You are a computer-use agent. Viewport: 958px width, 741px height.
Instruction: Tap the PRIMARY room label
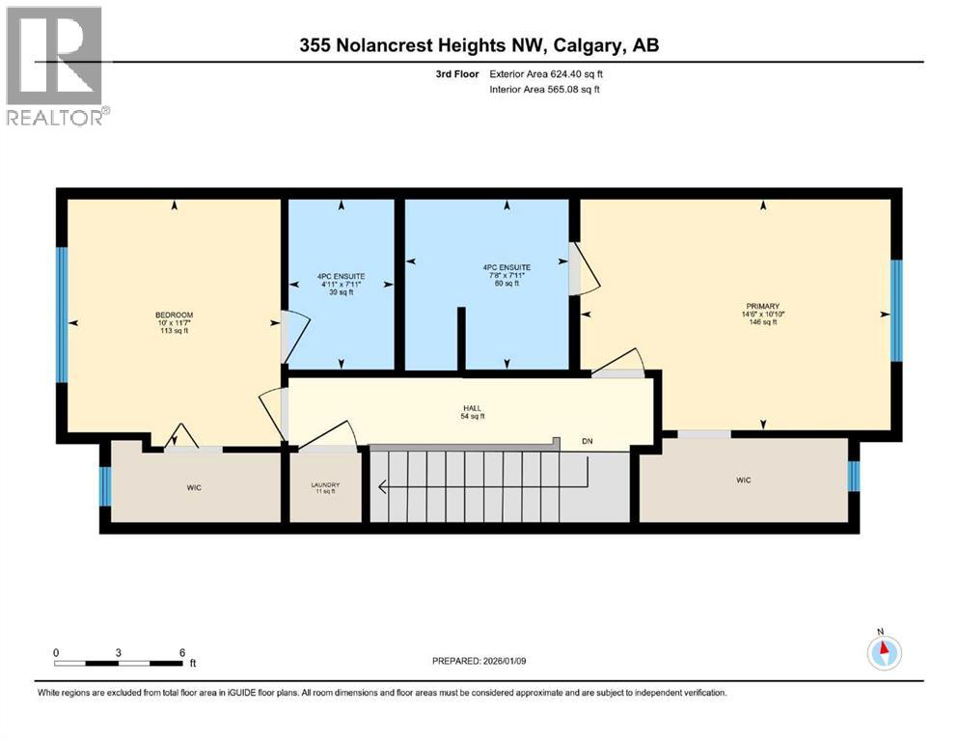[x=761, y=304]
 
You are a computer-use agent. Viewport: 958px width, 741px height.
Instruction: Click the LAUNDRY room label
[x=325, y=485]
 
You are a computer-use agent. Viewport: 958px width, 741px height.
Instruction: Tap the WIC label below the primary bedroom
[x=743, y=480]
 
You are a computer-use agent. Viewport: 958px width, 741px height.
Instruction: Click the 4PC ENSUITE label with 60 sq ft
[x=502, y=267]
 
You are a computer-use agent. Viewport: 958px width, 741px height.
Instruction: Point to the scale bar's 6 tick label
[x=181, y=652]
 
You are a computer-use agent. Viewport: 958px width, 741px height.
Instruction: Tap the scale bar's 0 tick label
[x=56, y=652]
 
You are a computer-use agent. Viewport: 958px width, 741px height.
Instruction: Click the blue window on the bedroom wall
[x=61, y=316]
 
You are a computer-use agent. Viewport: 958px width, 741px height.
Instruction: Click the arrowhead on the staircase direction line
[x=384, y=488]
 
